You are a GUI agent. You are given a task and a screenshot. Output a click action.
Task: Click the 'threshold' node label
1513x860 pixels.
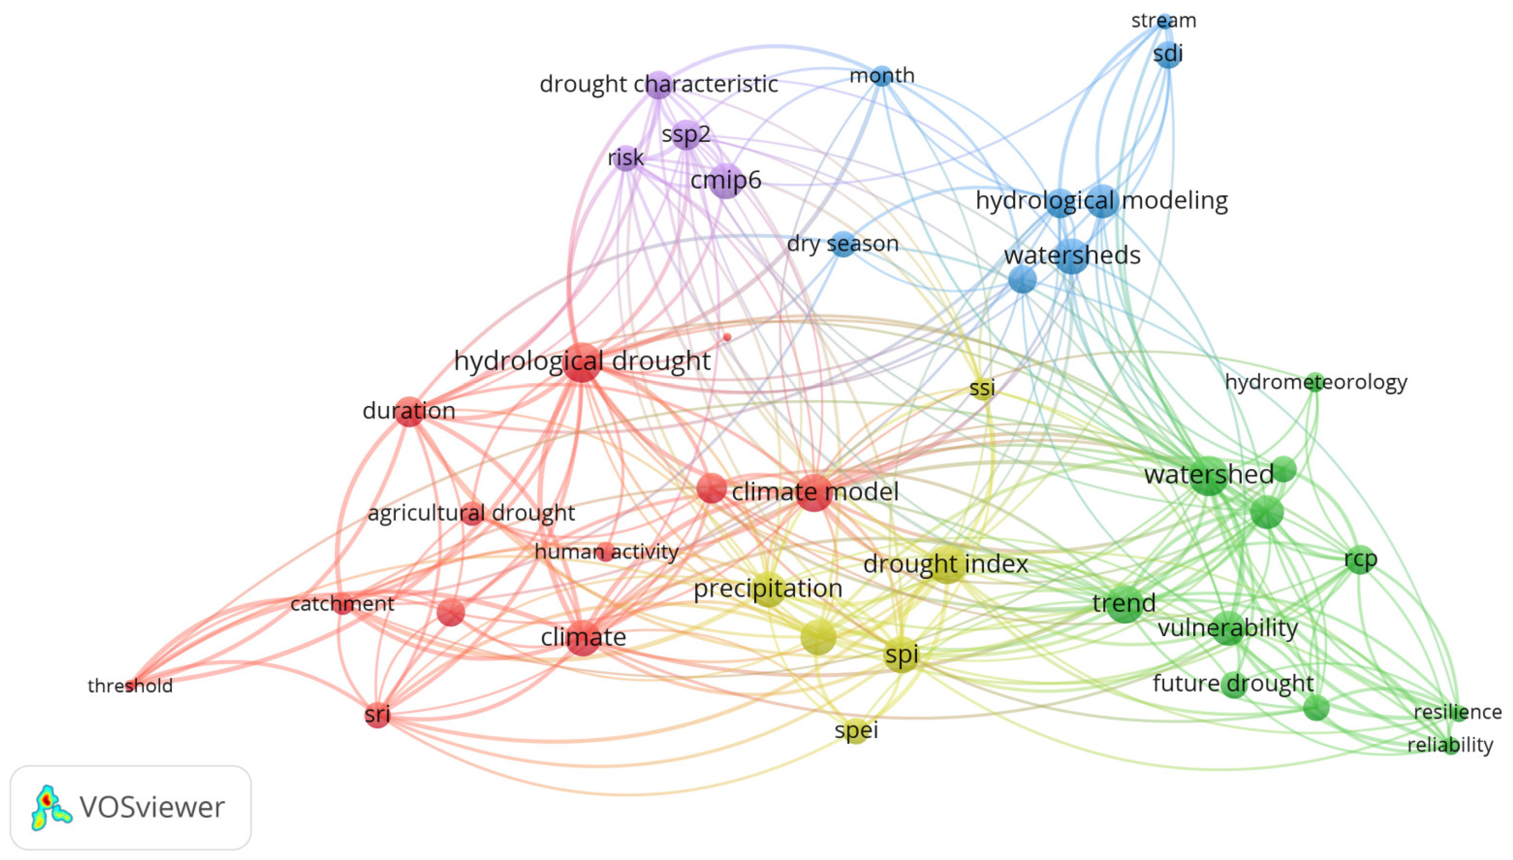coord(130,686)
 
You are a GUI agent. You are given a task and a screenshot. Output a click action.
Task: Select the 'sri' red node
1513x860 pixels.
coord(377,715)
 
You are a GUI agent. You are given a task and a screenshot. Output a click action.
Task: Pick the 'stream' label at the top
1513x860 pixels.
coord(1163,21)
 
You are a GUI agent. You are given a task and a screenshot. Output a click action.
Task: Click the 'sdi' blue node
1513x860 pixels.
coord(1168,54)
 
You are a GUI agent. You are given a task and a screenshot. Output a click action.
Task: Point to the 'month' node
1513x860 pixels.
coord(882,76)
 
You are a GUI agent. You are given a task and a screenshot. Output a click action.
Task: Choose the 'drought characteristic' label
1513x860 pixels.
coord(658,84)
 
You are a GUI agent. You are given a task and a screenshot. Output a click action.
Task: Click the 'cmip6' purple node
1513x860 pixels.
coord(726,181)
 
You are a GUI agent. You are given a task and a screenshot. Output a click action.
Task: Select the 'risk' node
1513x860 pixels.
coord(625,157)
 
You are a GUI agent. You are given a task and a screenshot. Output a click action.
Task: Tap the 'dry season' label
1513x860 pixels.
coord(842,243)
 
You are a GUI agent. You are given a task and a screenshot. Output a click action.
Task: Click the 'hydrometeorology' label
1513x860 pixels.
coord(1316,382)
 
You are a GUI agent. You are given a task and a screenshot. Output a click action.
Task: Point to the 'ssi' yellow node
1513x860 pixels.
coord(982,388)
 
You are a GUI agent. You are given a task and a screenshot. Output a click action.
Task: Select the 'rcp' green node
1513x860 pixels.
coord(1360,559)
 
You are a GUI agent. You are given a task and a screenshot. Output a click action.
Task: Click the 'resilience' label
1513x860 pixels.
coord(1457,712)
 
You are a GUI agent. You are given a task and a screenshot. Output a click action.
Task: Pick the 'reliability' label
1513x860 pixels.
coord(1450,745)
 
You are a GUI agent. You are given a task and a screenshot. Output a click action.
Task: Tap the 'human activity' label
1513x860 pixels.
coord(606,552)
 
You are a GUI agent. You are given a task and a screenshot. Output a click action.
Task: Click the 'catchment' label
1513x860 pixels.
coord(342,604)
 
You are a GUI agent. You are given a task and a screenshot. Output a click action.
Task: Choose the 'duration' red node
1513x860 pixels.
coord(409,411)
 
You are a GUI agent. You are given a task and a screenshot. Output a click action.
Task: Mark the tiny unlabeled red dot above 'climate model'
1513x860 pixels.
coord(727,337)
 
